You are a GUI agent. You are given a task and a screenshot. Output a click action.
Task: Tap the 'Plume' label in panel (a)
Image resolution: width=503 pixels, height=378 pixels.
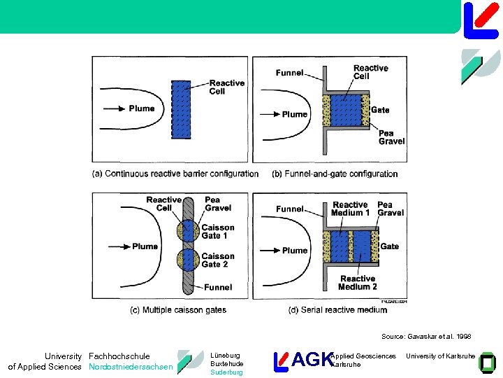[142, 108]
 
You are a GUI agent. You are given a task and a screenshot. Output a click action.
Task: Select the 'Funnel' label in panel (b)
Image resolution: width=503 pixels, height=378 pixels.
[289, 72]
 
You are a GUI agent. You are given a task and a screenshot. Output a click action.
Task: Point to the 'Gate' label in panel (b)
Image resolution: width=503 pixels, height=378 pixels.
[380, 110]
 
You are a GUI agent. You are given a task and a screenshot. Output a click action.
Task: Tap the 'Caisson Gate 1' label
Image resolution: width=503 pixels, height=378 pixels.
[218, 232]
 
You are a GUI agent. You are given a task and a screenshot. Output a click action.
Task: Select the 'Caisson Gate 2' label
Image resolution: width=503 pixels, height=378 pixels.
[218, 260]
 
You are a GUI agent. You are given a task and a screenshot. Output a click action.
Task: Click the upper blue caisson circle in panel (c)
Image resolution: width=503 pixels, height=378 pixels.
[187, 232]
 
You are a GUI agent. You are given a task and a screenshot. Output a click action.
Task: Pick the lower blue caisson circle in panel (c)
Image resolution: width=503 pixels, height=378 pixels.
[187, 259]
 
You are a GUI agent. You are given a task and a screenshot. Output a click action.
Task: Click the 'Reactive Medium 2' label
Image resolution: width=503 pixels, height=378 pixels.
[358, 283]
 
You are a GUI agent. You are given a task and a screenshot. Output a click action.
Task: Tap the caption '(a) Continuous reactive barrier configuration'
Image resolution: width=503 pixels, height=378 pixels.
[175, 174]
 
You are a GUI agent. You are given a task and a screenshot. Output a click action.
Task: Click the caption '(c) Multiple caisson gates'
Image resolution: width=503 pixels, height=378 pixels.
[178, 309]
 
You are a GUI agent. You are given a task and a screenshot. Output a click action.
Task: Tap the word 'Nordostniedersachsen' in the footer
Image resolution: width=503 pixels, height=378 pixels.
[131, 367]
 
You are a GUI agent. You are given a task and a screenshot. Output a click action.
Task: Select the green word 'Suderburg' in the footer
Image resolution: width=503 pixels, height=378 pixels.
[226, 372]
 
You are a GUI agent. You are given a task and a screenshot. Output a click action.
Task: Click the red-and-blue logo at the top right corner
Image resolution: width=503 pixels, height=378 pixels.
[481, 19]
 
